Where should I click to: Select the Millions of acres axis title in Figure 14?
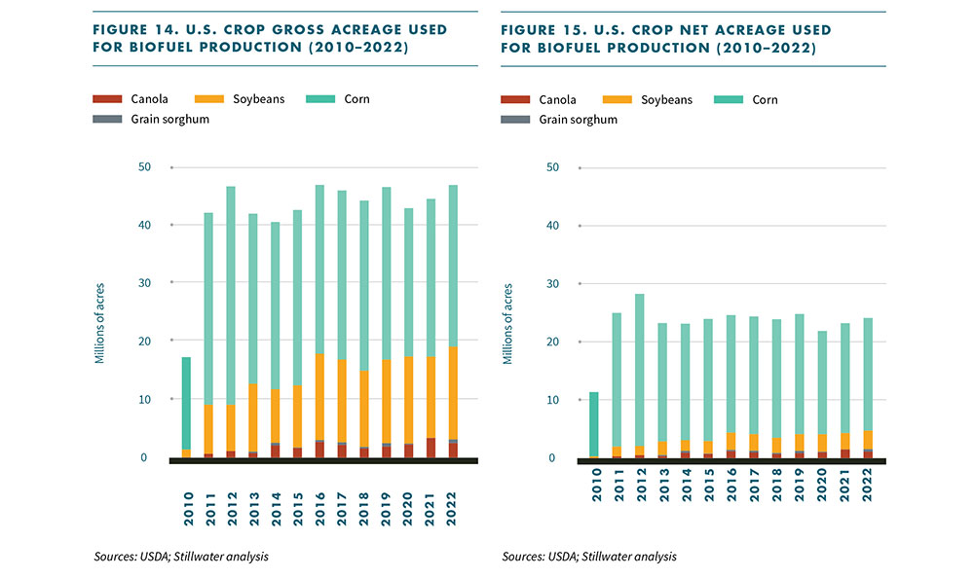tap(99, 323)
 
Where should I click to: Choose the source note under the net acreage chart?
tap(589, 557)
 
